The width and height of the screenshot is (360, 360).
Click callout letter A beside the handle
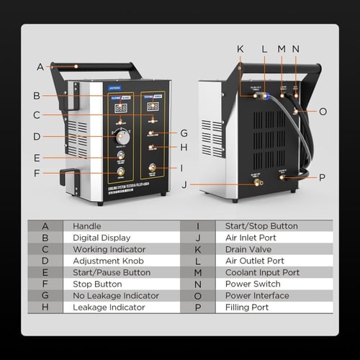pyautogui.click(x=40, y=67)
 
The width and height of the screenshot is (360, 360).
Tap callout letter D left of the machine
pyautogui.click(x=36, y=135)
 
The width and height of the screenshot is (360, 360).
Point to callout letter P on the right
pyautogui.click(x=322, y=177)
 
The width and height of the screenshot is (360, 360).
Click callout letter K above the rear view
pyautogui.click(x=240, y=50)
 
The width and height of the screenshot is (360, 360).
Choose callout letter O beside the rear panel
pyautogui.click(x=322, y=112)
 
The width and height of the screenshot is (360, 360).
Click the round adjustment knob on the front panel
pyautogui.click(x=122, y=135)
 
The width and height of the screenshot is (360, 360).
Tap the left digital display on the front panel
pyautogui.click(x=121, y=108)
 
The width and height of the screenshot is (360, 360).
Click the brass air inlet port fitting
pyautogui.click(x=258, y=183)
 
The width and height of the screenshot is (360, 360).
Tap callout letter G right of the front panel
pyautogui.click(x=184, y=132)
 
